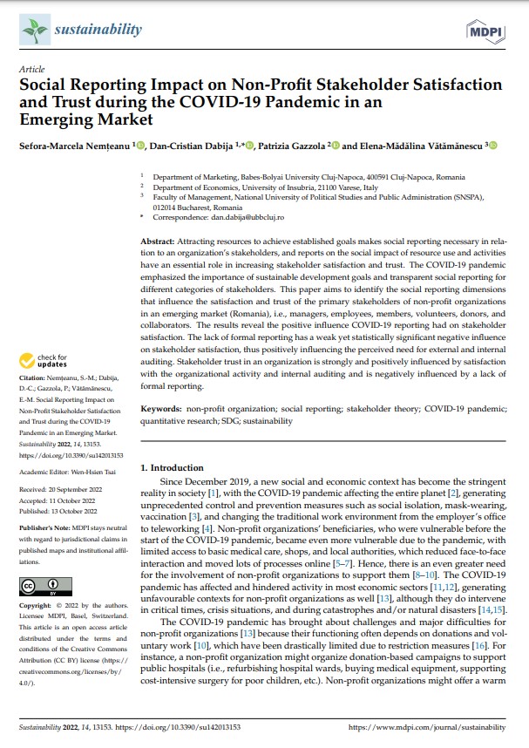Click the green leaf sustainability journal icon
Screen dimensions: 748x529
tap(34, 31)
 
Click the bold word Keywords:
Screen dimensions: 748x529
tap(163, 409)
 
